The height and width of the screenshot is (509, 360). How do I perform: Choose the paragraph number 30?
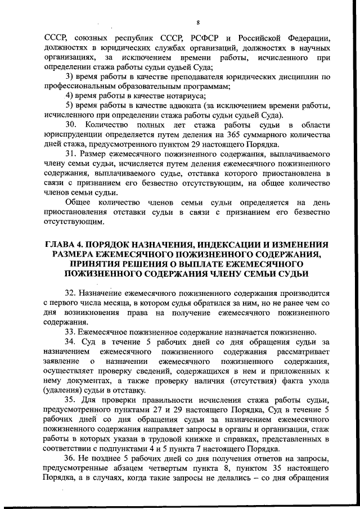coord(72,124)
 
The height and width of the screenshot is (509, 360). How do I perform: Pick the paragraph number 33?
coord(71,332)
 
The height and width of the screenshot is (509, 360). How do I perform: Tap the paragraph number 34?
coord(71,341)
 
